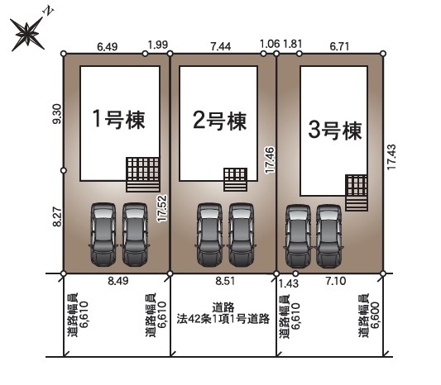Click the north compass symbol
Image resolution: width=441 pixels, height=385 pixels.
[31, 34]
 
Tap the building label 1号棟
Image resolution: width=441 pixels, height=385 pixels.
[118, 120]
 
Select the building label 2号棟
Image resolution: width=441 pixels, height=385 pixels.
[220, 121]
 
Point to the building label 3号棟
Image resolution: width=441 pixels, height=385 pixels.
[334, 130]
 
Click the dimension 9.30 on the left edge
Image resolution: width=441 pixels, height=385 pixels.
[56, 114]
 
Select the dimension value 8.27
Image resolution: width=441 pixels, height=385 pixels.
[56, 219]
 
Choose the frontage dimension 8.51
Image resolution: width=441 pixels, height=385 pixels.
[223, 281]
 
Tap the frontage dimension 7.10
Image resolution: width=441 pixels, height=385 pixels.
[335, 282]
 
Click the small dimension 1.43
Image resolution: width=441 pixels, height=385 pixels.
[289, 282]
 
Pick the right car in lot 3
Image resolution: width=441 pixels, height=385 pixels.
[328, 233]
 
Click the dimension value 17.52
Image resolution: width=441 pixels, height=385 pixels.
[164, 209]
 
